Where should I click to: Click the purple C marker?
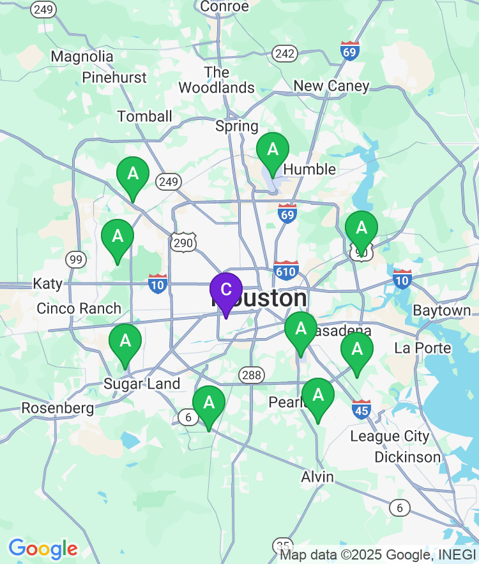tap(226, 290)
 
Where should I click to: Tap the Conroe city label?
tap(224, 6)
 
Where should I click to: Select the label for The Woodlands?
tap(217, 80)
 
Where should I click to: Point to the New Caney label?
tap(331, 85)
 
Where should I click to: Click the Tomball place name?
tap(145, 116)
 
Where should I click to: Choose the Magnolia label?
tap(82, 56)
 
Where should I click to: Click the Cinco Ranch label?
tap(79, 308)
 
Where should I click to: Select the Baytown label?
tap(442, 311)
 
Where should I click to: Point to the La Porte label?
tap(423, 348)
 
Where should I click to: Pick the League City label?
tap(390, 436)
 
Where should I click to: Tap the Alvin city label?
tap(317, 477)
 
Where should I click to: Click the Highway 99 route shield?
tap(76, 259)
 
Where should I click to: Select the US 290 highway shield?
tap(183, 242)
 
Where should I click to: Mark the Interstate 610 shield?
tap(286, 271)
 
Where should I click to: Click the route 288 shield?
tap(252, 375)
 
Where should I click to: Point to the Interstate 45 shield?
tap(361, 409)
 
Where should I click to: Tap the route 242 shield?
tap(284, 54)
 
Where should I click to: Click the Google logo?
tap(43, 549)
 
